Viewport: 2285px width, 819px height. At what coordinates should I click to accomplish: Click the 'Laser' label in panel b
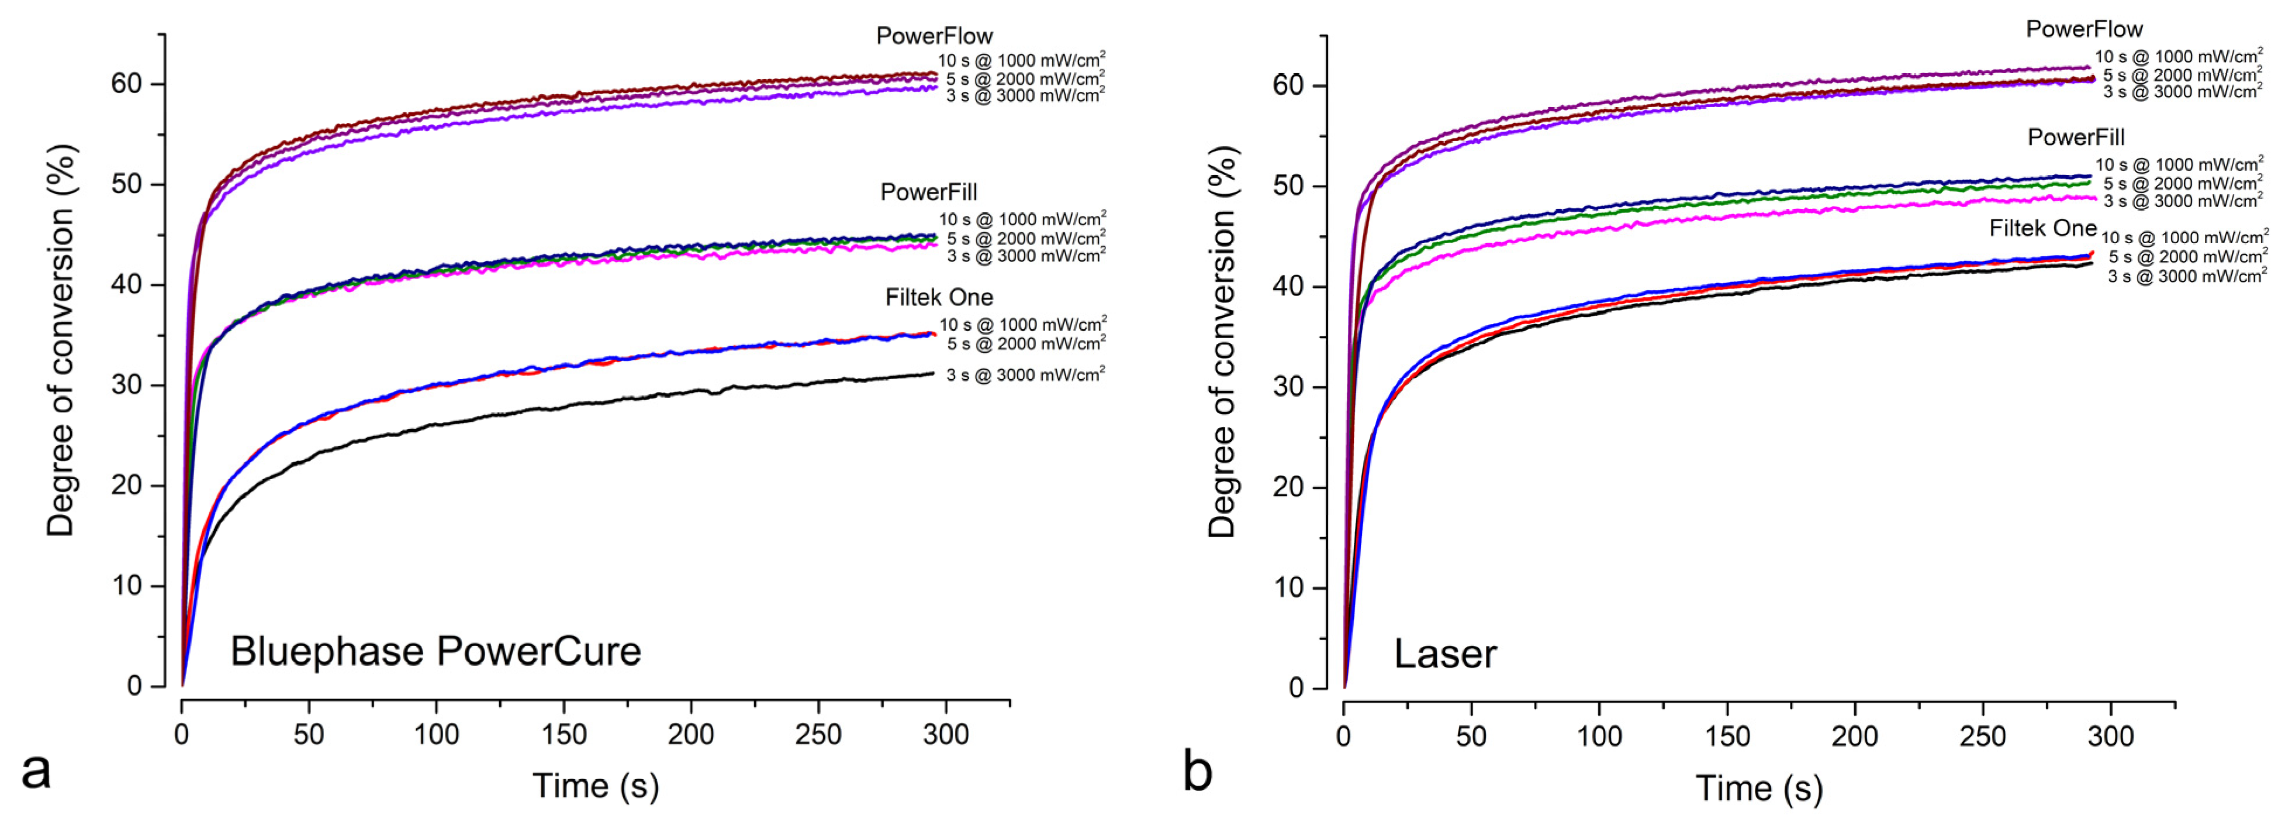tap(1445, 655)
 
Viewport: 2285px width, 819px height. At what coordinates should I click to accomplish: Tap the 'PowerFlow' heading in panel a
tap(934, 36)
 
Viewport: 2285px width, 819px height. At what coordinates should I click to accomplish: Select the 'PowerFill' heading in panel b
tap(2076, 137)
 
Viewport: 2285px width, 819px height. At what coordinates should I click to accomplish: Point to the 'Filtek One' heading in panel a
tap(938, 297)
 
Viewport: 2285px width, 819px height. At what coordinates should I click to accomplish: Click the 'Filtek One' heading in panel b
tap(2042, 229)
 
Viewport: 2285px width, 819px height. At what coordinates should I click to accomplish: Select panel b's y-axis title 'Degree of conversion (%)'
tap(1222, 342)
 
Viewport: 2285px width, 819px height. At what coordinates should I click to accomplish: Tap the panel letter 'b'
tap(1198, 770)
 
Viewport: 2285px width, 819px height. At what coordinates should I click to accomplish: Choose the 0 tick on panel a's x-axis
tap(182, 735)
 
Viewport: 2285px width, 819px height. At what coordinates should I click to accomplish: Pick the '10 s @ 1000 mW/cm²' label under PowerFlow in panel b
tap(2179, 57)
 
